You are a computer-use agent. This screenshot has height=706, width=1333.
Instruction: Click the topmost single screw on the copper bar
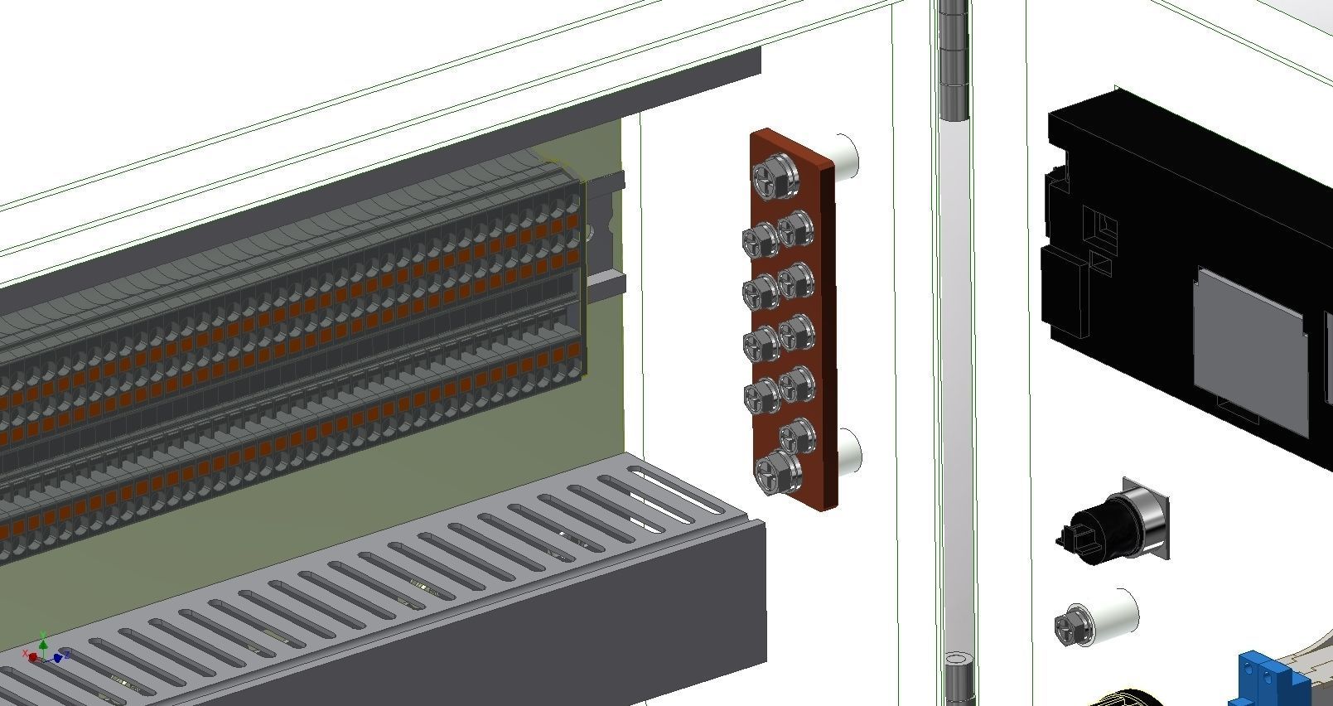pyautogui.click(x=769, y=176)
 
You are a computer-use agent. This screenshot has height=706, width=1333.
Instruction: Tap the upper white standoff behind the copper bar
pyautogui.click(x=845, y=157)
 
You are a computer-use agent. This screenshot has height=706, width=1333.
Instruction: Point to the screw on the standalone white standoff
pyautogui.click(x=1071, y=626)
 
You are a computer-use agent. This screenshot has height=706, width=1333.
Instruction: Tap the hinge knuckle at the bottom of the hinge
pyautogui.click(x=957, y=675)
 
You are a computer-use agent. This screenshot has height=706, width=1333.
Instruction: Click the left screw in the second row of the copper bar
pyautogui.click(x=758, y=240)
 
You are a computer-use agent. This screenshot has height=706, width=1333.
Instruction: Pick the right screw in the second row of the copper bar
pyautogui.click(x=796, y=225)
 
